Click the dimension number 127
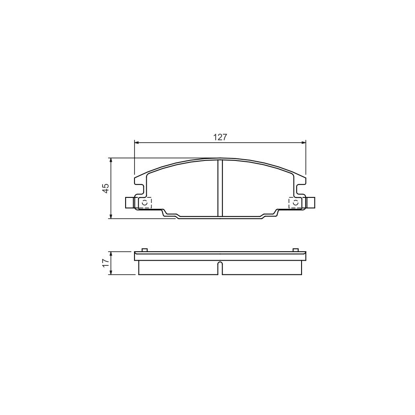point(220,137)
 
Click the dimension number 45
point(105,188)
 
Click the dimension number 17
point(105,263)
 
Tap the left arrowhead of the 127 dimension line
point(137,143)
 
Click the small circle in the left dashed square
point(145,202)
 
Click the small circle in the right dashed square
point(295,202)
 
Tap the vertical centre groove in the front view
point(220,188)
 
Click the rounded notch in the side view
point(220,267)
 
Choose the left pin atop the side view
point(144,250)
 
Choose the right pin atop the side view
point(295,250)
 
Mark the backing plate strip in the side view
point(220,256)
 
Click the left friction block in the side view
point(178,268)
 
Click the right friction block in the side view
point(262,268)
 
